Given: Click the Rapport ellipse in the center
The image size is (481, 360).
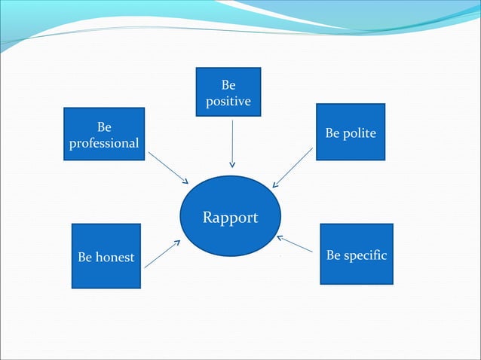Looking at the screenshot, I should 231,216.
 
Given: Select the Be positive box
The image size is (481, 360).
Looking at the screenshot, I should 228,92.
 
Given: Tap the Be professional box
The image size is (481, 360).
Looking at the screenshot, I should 104,135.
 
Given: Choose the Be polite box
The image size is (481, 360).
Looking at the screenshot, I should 351,132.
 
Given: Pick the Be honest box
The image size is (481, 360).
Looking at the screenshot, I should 106,256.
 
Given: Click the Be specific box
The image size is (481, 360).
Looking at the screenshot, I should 357,254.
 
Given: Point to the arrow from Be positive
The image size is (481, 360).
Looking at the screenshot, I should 232,143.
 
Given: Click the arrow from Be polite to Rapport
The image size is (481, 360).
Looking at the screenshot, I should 293,167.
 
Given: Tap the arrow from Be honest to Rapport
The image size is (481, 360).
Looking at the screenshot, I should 162,254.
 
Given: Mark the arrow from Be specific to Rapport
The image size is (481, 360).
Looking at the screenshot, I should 295,244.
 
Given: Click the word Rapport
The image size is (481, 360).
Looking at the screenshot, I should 231,218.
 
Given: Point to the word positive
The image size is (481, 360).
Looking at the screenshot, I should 228,101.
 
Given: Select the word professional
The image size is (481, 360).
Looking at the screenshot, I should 104,142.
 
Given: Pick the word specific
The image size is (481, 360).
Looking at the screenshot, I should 366,255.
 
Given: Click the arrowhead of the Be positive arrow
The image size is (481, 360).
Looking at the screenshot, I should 232,164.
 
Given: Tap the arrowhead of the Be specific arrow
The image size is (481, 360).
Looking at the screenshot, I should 279,237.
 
